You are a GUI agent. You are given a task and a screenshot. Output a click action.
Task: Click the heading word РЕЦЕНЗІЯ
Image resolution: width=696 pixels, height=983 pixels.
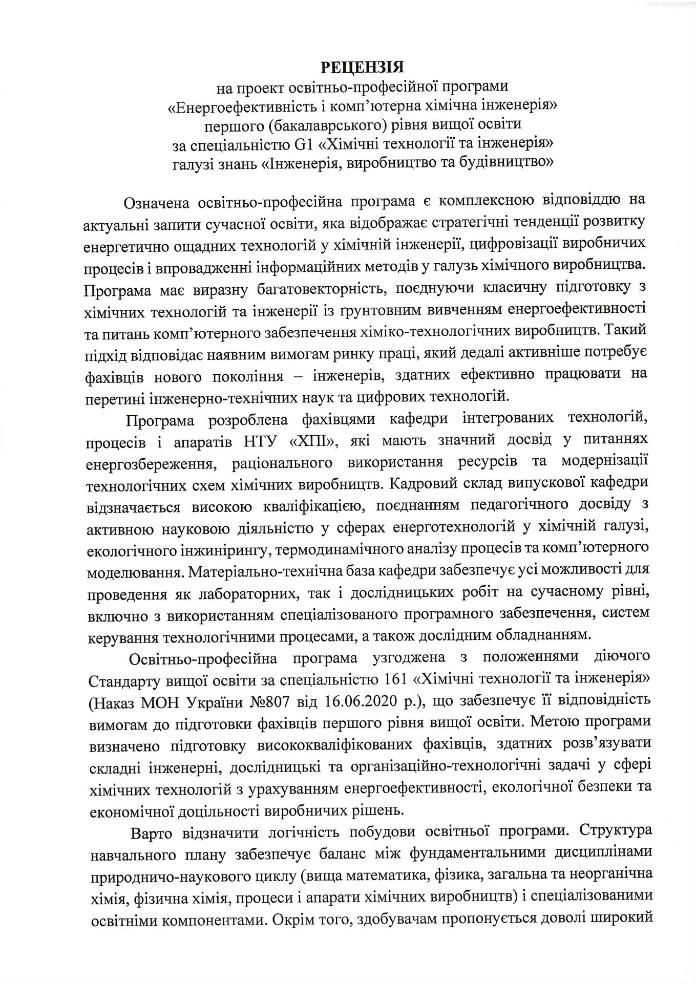coord(362,67)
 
